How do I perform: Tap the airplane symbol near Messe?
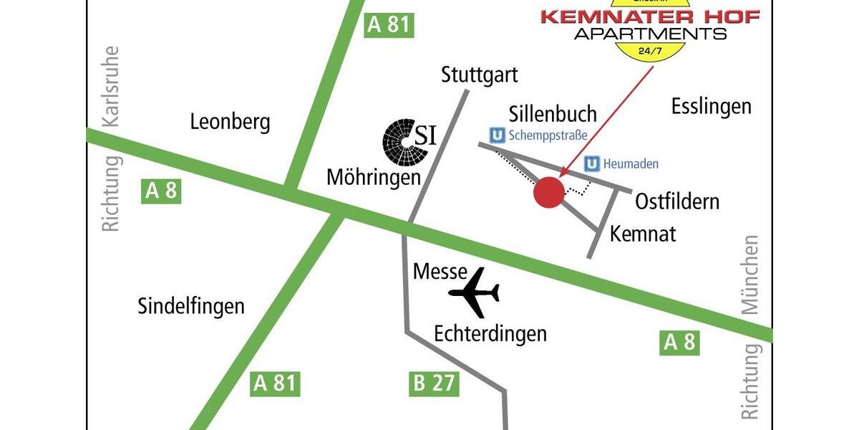[x=475, y=292]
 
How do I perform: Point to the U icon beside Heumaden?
[x=592, y=164]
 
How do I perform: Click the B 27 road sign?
[x=434, y=383]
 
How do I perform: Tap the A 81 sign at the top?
[x=389, y=24]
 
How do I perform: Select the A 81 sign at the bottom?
[x=275, y=383]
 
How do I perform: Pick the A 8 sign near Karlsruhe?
[x=162, y=191]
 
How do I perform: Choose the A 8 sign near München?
[x=679, y=343]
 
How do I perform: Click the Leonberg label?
[x=230, y=122]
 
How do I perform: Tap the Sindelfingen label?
[x=191, y=307]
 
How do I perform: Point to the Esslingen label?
[x=712, y=107]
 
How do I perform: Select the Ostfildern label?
[x=677, y=201]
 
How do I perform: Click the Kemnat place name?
[x=643, y=234]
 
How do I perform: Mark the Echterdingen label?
[x=490, y=333]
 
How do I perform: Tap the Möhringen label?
[x=373, y=177]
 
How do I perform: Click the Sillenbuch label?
[x=553, y=113]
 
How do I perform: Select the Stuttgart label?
[x=479, y=75]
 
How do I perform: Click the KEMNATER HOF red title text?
[x=649, y=16]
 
